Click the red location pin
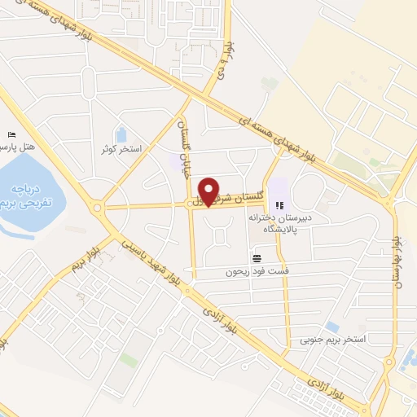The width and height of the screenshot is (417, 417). (x=210, y=191)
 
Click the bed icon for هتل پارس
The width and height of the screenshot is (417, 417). (x=11, y=134)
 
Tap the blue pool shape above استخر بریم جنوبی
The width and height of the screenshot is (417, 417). (x=331, y=327)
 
